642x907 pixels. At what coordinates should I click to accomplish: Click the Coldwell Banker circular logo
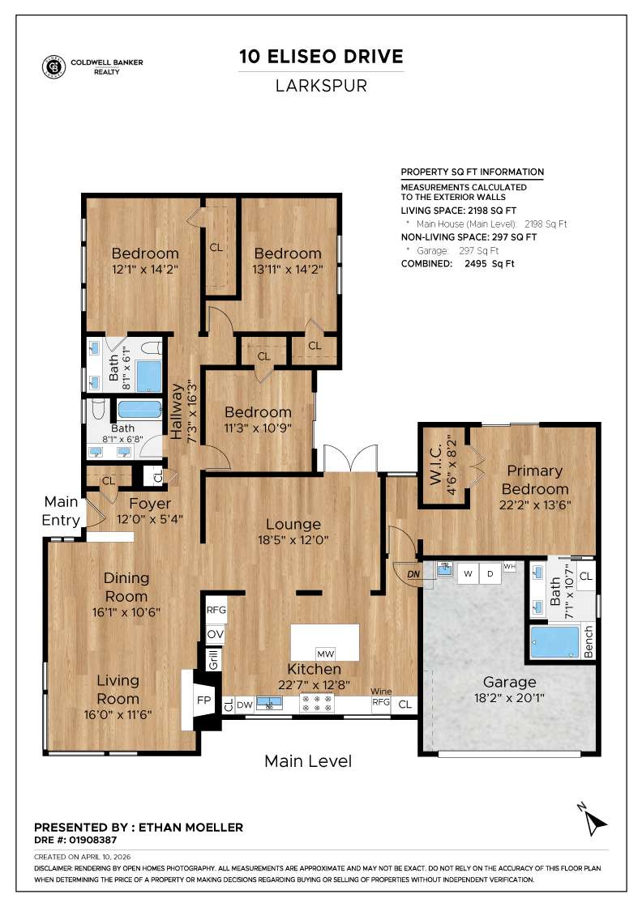pyautogui.click(x=54, y=67)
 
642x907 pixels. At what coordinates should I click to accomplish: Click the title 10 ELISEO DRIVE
pyautogui.click(x=321, y=56)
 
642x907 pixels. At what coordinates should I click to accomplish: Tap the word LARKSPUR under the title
pyautogui.click(x=321, y=85)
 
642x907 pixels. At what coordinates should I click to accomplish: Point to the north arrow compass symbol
pyautogui.click(x=595, y=820)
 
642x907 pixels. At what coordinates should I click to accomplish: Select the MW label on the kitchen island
pyautogui.click(x=325, y=654)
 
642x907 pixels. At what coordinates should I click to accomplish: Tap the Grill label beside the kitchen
pyautogui.click(x=214, y=660)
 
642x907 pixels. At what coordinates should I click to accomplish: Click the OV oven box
pyautogui.click(x=216, y=633)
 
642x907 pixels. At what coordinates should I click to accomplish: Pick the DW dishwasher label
pyautogui.click(x=244, y=705)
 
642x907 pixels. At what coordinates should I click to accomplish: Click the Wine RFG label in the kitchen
pyautogui.click(x=381, y=699)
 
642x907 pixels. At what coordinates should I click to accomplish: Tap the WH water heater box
pyautogui.click(x=509, y=566)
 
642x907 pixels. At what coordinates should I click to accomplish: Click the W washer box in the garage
pyautogui.click(x=468, y=573)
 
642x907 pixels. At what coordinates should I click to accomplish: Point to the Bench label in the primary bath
pyautogui.click(x=588, y=641)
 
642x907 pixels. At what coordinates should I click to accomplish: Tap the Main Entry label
pyautogui.click(x=62, y=511)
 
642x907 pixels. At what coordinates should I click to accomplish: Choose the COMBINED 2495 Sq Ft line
pyautogui.click(x=458, y=263)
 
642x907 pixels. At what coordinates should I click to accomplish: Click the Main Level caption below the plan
pyautogui.click(x=308, y=761)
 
